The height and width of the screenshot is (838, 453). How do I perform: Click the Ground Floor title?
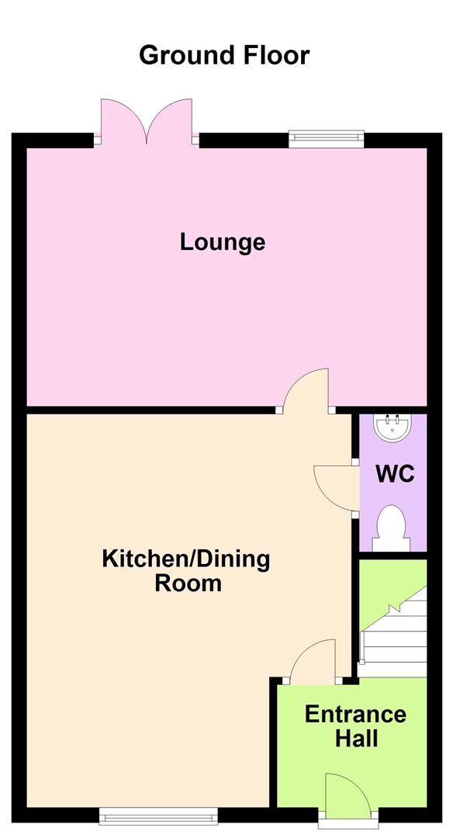pyautogui.click(x=223, y=55)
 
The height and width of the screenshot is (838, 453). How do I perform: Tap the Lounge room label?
pyautogui.click(x=223, y=242)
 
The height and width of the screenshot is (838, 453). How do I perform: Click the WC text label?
pyautogui.click(x=395, y=473)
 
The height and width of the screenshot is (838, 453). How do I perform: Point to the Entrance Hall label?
pyautogui.click(x=355, y=725)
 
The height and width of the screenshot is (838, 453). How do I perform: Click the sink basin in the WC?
pyautogui.click(x=394, y=426)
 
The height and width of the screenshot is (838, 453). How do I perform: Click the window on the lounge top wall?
pyautogui.click(x=326, y=139)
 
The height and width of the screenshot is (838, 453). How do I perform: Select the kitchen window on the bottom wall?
pyautogui.click(x=159, y=815)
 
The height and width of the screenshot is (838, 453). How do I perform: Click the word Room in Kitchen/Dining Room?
pyautogui.click(x=188, y=583)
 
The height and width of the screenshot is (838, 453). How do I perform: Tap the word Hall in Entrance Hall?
pyautogui.click(x=356, y=739)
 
